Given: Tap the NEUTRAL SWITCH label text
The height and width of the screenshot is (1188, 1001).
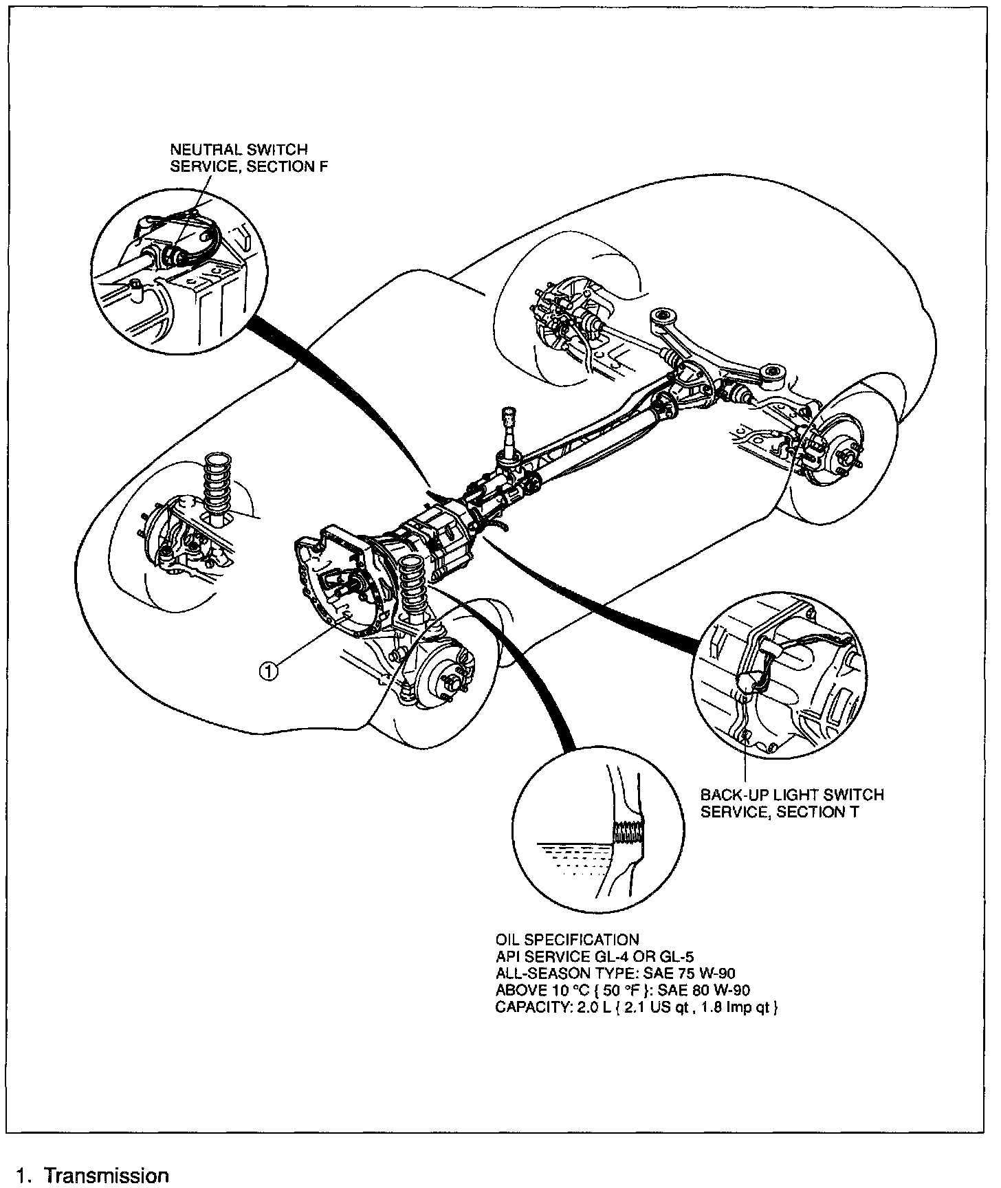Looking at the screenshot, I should coord(239,149).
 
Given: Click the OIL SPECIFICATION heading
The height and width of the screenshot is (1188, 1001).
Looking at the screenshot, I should coord(567,940).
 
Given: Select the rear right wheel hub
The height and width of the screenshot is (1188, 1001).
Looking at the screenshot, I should coord(847,456).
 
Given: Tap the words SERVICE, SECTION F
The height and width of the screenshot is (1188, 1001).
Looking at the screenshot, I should coord(248,167).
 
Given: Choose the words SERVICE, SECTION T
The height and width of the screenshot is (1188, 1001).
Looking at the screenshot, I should coord(780,813).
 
